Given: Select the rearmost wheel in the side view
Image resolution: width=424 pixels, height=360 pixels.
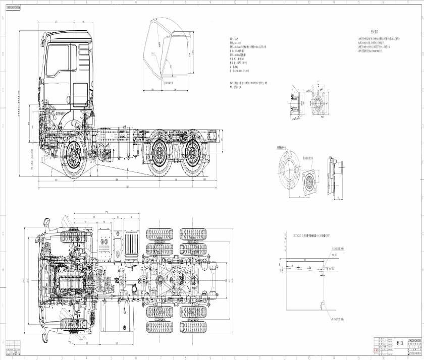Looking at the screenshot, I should [194, 153].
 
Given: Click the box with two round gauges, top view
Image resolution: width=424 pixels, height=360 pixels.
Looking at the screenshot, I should [105, 245].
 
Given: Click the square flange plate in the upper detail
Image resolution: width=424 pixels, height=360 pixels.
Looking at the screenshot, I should [319, 106].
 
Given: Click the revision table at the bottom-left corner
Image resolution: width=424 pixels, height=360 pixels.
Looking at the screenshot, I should [15, 348].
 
